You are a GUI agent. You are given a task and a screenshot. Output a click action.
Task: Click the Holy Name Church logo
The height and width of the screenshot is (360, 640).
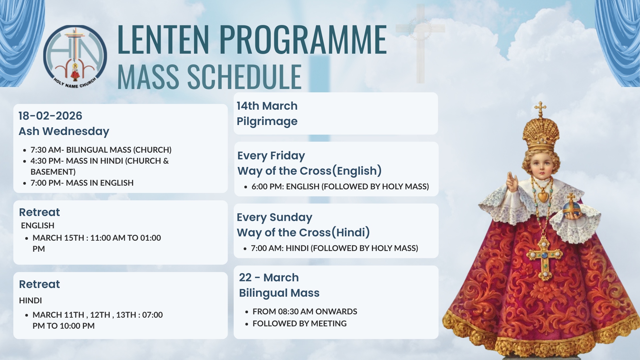[75, 57]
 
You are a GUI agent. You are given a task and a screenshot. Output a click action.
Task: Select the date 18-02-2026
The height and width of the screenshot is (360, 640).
[50, 116]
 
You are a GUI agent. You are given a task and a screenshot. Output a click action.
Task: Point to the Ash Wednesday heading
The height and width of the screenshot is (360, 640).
[64, 131]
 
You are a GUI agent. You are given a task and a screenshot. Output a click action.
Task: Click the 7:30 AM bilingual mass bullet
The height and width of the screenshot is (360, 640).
[101, 150]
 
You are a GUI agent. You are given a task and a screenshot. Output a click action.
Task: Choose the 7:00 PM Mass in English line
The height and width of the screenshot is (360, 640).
[82, 183]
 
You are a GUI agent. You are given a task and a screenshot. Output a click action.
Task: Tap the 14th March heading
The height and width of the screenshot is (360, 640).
[267, 106]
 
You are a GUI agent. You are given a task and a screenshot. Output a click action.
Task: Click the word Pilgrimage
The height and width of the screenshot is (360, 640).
[267, 121]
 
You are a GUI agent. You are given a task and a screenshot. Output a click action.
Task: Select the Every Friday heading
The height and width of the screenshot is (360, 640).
[271, 156]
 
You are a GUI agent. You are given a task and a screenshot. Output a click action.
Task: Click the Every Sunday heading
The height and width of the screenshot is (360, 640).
[274, 217]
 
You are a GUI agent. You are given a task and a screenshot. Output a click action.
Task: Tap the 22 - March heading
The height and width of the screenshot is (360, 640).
[269, 277]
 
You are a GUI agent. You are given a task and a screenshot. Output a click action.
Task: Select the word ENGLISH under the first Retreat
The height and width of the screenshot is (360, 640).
[38, 226]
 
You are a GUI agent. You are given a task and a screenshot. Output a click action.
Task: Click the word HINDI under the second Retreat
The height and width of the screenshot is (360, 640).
[30, 301]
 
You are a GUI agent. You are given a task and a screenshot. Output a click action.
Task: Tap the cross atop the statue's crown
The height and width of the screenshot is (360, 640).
[540, 109]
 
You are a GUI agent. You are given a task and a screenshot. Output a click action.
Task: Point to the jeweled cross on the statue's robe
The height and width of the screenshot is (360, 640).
[544, 257]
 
